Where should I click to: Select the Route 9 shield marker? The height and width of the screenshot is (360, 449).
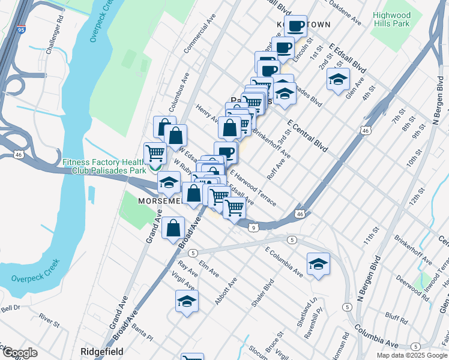coord(254,227)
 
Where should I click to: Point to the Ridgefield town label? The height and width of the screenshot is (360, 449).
coord(102,351)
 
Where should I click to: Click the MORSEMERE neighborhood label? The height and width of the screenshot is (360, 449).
coord(160,200)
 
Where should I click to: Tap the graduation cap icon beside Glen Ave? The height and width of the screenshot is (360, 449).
coord(338,79)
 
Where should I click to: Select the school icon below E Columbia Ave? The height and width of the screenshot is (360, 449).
coord(318,264)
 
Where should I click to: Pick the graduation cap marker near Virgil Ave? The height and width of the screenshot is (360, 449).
coord(187,301)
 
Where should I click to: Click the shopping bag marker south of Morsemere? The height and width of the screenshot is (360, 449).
coord(173,228)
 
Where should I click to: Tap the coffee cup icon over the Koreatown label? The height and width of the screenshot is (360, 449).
coord(295,26)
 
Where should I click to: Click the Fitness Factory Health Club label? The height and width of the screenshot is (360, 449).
coord(104,166)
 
